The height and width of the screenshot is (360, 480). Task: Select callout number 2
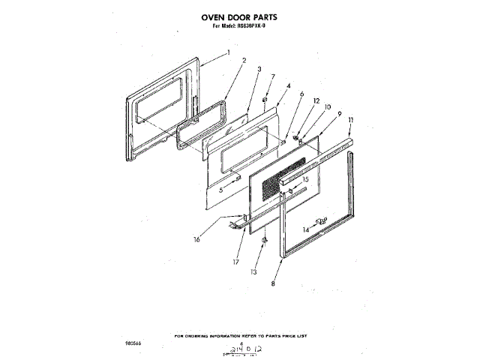click(244, 60)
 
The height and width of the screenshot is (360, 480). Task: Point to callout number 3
click(259, 69)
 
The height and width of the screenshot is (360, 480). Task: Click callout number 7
click(273, 76)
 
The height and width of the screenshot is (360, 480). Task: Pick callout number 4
click(288, 85)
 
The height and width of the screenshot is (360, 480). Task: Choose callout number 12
click(316, 100)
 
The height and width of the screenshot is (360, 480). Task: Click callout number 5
click(221, 190)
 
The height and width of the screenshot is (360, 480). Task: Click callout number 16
click(196, 240)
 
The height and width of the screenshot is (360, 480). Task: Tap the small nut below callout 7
click(265, 98)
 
